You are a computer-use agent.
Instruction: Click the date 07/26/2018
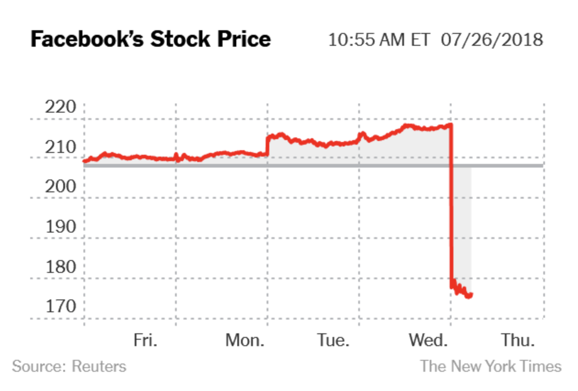(x=492, y=40)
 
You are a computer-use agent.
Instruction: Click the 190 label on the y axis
(x=60, y=227)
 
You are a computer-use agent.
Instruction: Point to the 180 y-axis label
(x=60, y=266)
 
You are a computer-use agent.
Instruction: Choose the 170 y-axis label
(x=60, y=306)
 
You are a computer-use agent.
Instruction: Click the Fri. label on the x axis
(x=146, y=340)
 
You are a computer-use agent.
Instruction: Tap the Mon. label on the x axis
(x=245, y=340)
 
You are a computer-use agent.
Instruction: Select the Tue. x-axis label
(x=333, y=340)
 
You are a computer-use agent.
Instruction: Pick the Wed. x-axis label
(x=428, y=340)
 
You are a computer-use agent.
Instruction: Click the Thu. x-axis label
(x=518, y=340)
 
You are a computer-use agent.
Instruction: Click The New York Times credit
(x=491, y=366)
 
